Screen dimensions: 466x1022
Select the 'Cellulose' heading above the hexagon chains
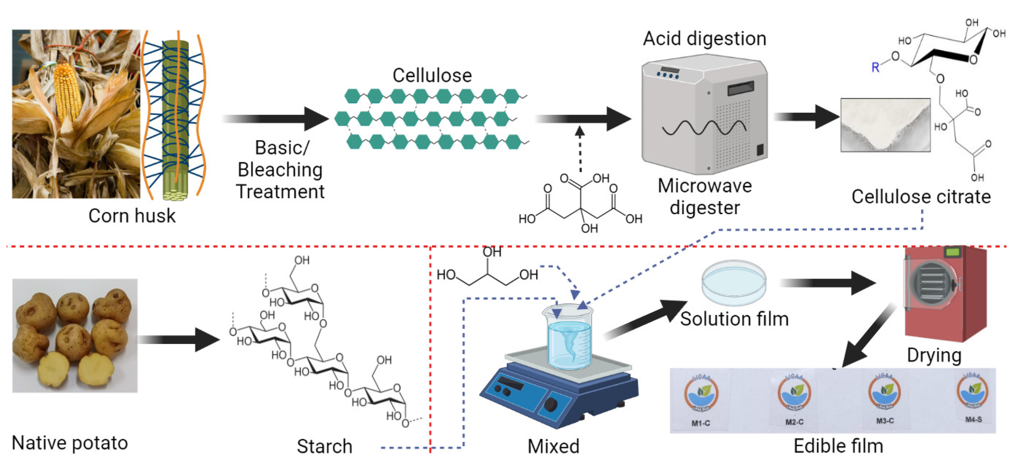point(432,76)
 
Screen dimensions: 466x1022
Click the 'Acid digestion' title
point(704,38)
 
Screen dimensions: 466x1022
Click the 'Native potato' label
point(70,443)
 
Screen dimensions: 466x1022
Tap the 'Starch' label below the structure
point(325,446)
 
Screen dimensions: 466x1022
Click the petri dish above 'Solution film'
point(734,282)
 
